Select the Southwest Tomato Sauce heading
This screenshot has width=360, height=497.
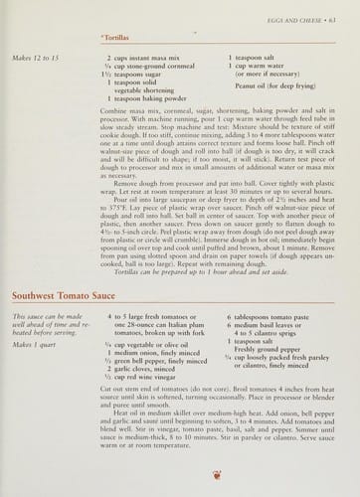pos(65,296)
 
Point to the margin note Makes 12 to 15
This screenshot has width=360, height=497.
pos(36,60)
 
